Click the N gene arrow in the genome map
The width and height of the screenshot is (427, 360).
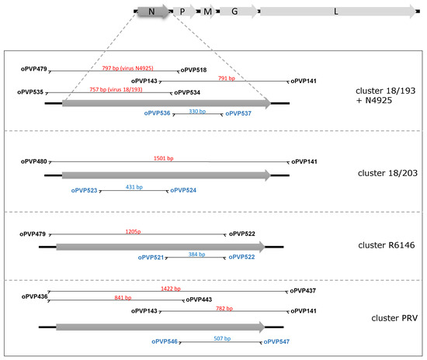click(152, 12)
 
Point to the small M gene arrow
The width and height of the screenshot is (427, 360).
click(208, 12)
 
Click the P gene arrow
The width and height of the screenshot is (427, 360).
click(182, 12)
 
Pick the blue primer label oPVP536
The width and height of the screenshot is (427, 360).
click(157, 112)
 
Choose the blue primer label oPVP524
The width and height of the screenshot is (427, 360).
click(183, 189)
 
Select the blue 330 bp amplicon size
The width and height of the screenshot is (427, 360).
click(197, 111)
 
